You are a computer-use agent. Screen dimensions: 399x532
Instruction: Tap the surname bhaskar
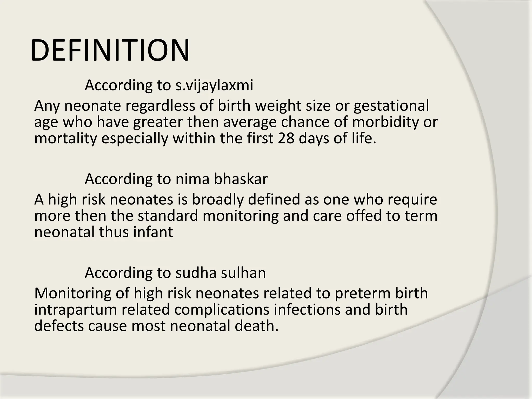tap(241, 179)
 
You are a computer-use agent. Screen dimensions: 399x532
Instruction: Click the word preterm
tap(363, 293)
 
